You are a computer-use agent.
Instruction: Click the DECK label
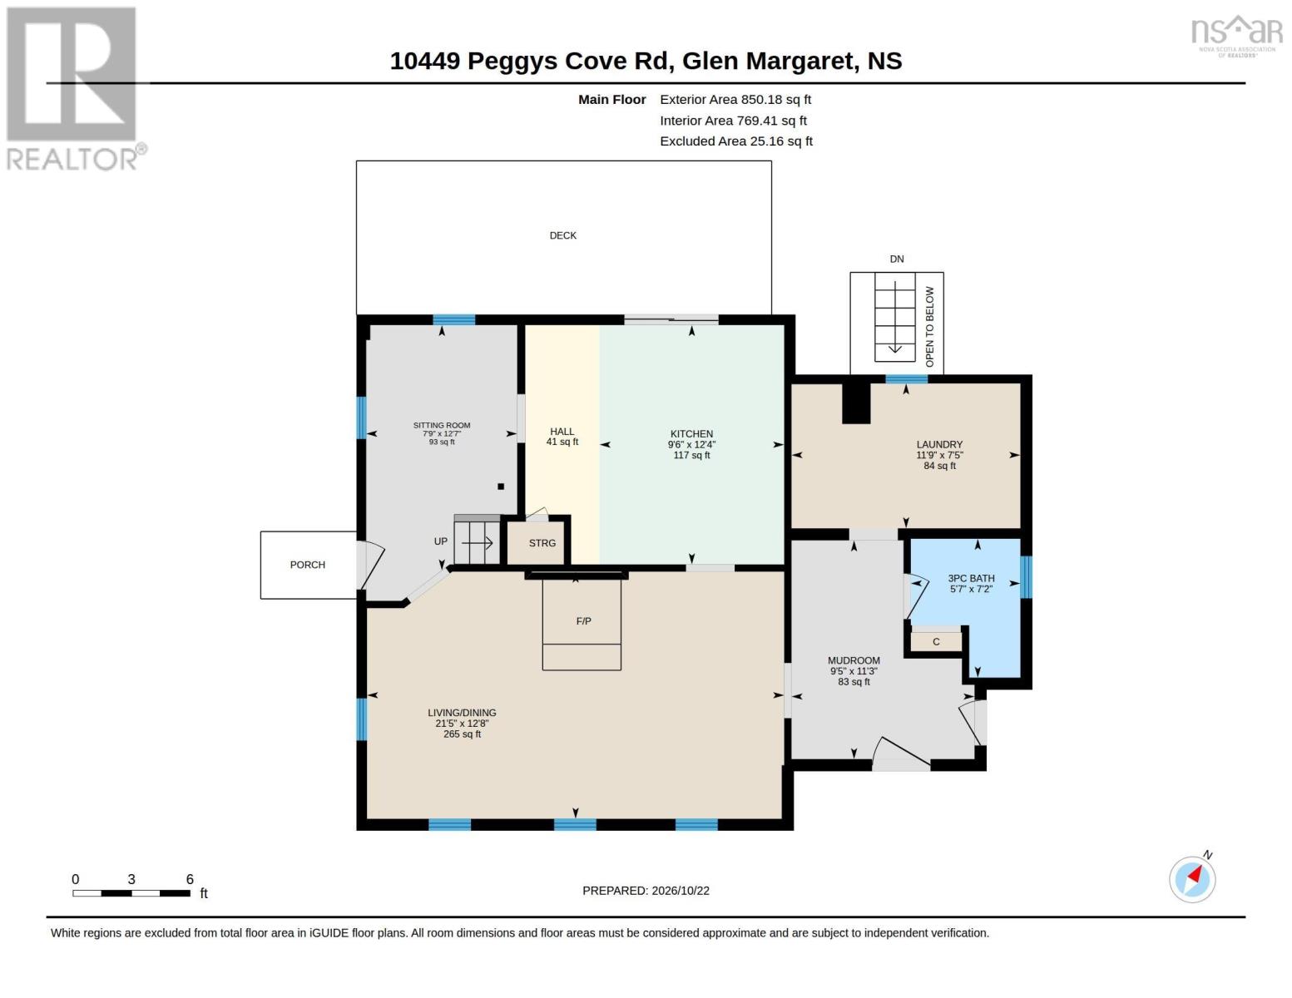562,235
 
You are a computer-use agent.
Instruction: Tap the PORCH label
307,565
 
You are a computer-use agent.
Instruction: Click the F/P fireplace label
583,621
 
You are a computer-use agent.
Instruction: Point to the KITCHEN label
691,434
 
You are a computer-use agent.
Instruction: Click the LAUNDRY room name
939,445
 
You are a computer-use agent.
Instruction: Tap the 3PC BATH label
971,578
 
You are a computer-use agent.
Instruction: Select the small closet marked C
936,642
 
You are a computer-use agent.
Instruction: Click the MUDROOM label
854,660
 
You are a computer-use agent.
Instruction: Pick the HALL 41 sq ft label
562,437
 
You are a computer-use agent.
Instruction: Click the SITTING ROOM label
442,425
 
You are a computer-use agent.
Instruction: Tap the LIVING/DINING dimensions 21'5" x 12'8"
462,724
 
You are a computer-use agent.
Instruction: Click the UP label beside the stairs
441,541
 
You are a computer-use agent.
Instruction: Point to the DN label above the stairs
897,259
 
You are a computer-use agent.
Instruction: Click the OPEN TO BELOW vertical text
930,327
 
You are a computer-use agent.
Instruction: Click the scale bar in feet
131,892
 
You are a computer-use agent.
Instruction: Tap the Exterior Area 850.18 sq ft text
735,100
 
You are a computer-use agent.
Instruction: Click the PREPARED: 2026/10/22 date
646,891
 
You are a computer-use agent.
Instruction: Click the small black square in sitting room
501,487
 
